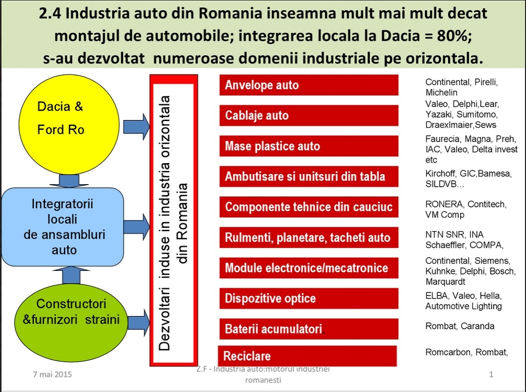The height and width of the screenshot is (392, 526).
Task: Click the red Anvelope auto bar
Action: click(309, 85)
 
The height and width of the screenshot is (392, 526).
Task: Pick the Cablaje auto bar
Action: click(309, 115)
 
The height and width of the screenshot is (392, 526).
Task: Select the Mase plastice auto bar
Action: click(309, 146)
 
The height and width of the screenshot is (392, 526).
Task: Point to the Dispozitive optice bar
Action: click(309, 299)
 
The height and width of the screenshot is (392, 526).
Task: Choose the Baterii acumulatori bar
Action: click(309, 329)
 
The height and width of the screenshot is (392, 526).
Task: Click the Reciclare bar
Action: click(308, 356)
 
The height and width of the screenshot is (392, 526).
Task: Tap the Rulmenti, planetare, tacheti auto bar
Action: click(309, 238)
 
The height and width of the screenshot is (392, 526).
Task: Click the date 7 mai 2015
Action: click(49, 375)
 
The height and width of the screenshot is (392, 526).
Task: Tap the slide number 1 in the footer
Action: click(491, 375)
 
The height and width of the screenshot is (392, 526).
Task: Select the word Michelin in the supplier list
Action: click(441, 93)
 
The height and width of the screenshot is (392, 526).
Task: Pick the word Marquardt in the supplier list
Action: click(446, 282)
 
